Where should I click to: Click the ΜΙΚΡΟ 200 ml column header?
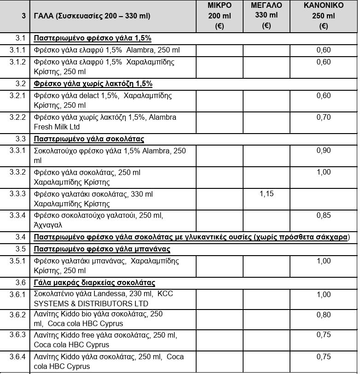pos(219,16)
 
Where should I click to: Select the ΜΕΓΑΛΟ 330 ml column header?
pos(266,16)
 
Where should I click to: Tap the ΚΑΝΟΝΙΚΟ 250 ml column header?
pos(324,16)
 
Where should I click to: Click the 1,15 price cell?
pos(267,194)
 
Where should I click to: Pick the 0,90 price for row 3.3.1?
pos(324,151)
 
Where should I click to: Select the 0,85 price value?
pos(324,215)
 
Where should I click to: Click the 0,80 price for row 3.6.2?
pos(324,315)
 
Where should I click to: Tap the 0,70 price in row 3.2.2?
pos(324,117)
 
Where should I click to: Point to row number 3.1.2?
pos(17,62)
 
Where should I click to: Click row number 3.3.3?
pos(17,194)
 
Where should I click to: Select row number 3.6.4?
pos(17,356)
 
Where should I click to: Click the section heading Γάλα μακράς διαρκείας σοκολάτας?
pos(98,282)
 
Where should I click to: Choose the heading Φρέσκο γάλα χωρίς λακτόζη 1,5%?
pos(93,84)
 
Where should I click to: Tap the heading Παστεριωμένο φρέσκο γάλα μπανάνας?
pos(102,249)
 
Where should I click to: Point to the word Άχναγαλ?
pos(48,226)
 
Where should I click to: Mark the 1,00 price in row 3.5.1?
pos(324,261)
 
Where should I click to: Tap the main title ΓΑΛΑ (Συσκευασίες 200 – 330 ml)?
pos(92,16)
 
